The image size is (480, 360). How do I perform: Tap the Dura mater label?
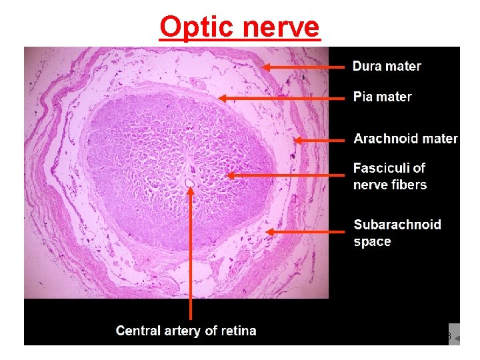[387, 66]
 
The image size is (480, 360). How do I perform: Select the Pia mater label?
[382, 97]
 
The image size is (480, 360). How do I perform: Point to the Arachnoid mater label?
[405, 139]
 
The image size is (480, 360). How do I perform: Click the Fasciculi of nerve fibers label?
[390, 176]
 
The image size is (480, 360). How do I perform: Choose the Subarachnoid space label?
[397, 233]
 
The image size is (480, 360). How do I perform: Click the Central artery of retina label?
[186, 331]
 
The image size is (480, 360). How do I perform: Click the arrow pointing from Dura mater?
[303, 67]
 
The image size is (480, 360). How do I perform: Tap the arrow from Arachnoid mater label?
[320, 140]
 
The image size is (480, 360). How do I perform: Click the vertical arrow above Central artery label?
[191, 253]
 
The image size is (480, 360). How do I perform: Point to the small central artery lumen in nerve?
[189, 181]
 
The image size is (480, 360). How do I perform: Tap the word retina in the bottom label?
[238, 331]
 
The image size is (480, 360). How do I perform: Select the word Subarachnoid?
[397, 225]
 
